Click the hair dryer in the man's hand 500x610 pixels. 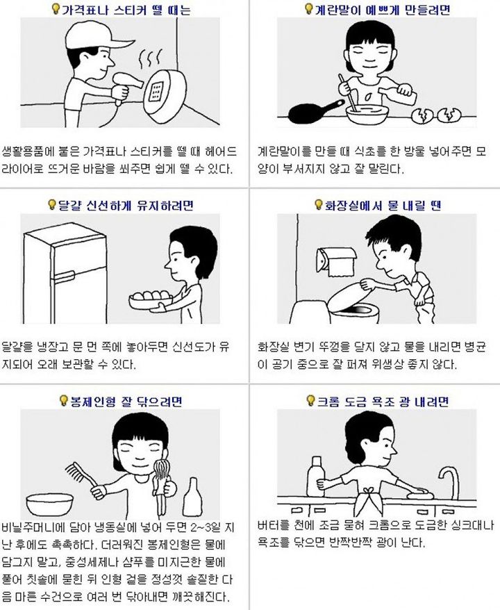pos(124,86)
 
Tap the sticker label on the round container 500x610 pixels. pos(156,92)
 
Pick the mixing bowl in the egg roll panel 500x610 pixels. pos(367,113)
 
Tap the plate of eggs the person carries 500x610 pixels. pos(151,299)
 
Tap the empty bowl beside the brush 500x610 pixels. pos(49,504)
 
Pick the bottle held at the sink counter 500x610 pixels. pos(316,476)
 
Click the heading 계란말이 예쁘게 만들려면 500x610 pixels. pos(383,9)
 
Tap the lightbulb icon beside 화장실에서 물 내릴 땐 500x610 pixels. pos(319,204)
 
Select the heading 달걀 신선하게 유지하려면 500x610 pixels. pos(126,205)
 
